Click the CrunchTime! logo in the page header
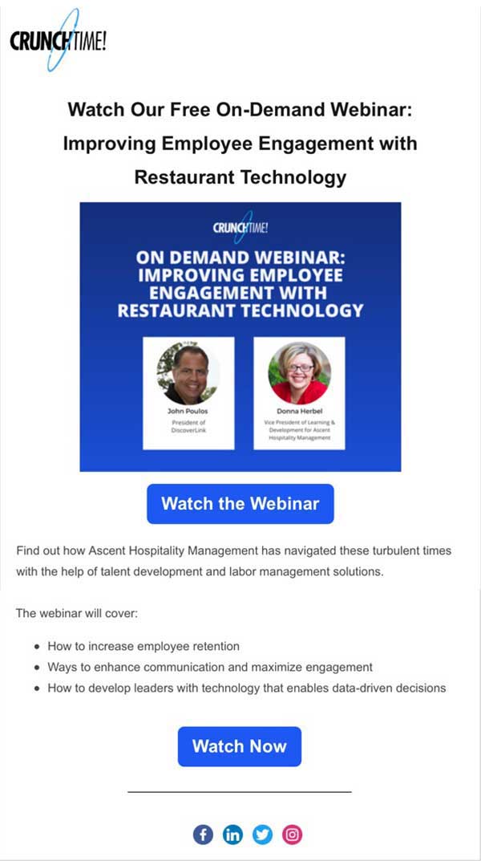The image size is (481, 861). (x=59, y=40)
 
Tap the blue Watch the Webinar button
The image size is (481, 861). (x=240, y=504)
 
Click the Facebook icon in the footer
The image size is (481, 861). (x=203, y=835)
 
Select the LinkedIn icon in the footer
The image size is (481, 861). (x=232, y=835)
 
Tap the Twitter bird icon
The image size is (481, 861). (x=262, y=835)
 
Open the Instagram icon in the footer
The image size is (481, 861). (x=293, y=835)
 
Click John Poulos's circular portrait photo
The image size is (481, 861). (x=188, y=373)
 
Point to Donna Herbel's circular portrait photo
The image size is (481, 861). (x=300, y=373)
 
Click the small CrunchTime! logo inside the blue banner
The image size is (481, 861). (x=240, y=227)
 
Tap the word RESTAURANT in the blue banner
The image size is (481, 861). (x=176, y=311)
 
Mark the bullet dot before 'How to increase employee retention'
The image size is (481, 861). (x=37, y=647)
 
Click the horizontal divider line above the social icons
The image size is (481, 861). (x=240, y=792)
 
